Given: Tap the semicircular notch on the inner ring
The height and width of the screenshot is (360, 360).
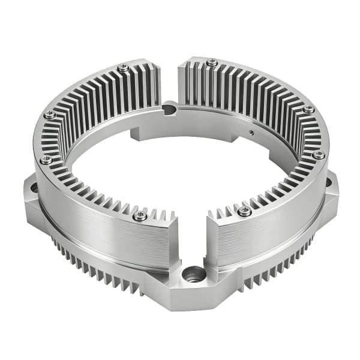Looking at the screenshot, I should coord(170,109).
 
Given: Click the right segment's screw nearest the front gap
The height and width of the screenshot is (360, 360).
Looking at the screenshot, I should coord(244,211).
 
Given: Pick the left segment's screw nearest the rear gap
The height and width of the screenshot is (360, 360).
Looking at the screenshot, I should coord(123,68).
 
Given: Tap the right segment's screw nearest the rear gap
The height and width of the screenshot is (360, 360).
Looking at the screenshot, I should coord(212,62).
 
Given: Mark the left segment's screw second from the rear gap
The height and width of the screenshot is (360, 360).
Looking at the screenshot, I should coord(50,114).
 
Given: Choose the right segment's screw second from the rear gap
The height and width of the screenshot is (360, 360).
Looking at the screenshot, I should coord(308,109).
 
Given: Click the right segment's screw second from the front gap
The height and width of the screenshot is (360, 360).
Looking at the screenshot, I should coord(319,155).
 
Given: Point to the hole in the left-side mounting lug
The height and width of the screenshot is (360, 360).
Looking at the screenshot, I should coord(34,188).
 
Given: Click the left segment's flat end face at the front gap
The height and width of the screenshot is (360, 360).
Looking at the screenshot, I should coord(174,240).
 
